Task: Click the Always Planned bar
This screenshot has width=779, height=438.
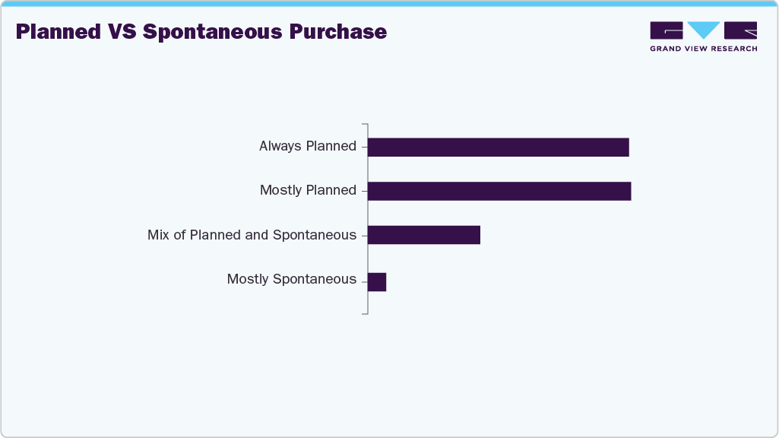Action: (498, 147)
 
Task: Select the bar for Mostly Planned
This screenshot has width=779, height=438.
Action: (499, 191)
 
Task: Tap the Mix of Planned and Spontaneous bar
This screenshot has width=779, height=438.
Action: (423, 235)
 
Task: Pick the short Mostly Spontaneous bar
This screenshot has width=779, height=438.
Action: (377, 281)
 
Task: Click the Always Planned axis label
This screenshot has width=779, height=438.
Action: (307, 146)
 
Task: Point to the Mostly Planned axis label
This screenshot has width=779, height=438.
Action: (308, 190)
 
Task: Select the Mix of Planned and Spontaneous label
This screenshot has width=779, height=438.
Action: (252, 235)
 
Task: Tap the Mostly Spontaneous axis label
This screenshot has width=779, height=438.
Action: (291, 279)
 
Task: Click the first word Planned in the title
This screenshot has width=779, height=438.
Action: (58, 32)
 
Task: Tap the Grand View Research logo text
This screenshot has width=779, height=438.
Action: (703, 49)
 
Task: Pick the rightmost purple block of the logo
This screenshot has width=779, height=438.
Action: (740, 30)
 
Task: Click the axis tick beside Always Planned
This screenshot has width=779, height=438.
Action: (365, 147)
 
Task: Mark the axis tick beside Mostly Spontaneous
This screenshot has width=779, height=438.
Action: (365, 280)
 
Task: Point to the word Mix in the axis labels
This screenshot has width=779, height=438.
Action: (158, 235)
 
